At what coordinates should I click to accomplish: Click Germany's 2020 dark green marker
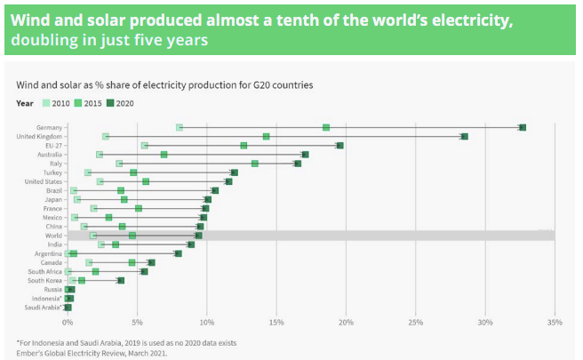523,128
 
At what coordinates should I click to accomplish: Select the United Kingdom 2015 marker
266,136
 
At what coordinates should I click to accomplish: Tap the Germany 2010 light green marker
180,128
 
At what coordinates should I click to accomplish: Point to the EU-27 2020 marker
339,145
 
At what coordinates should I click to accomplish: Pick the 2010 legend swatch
46,103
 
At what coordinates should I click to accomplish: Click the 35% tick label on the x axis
555,321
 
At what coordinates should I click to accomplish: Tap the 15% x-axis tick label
276,321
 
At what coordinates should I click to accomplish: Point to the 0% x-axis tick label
67,321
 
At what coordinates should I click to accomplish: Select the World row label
52,236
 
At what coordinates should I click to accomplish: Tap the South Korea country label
44,281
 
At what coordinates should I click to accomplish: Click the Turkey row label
51,172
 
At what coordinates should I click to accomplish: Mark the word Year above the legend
24,103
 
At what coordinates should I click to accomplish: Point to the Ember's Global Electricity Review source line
92,353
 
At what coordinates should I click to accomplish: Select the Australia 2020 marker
305,155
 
